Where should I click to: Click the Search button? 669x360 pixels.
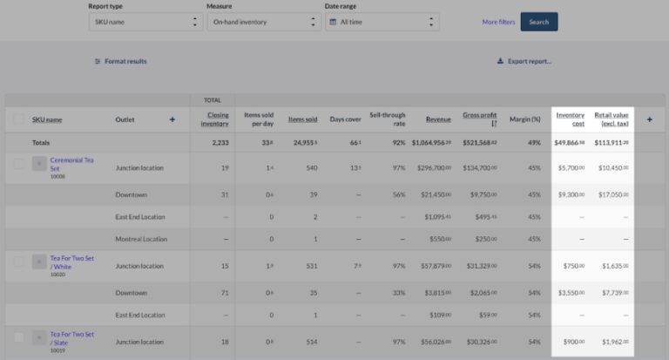538,22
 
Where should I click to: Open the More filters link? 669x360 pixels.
498,22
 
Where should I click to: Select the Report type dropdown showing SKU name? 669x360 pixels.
145,22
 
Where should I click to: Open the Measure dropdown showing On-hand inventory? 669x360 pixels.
264,22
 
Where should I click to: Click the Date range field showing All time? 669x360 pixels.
382,22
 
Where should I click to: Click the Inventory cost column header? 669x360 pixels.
570,119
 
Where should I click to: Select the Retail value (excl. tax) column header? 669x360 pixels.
612,119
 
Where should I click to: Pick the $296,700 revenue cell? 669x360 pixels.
433,168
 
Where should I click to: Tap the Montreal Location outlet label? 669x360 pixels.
140,239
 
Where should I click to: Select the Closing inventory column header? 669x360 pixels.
214,119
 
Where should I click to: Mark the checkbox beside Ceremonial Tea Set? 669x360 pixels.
18,163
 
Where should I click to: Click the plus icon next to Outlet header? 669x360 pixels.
172,119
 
